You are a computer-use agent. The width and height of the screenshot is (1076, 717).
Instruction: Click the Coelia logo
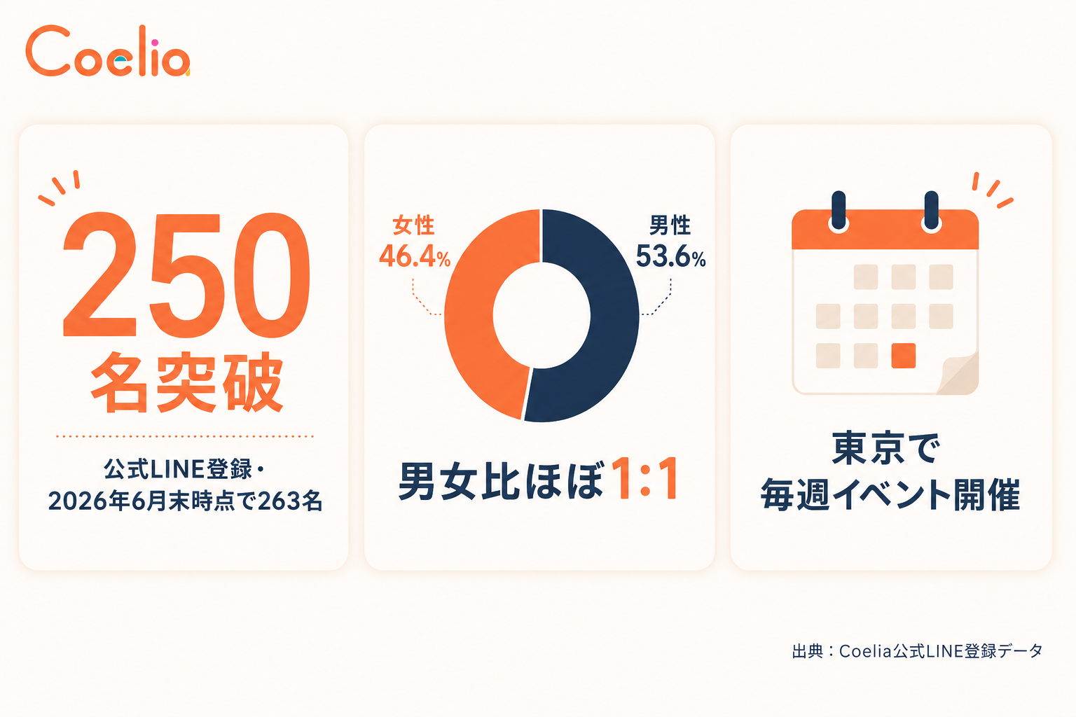pyautogui.click(x=108, y=50)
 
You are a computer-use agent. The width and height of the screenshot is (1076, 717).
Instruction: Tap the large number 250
pyautogui.click(x=186, y=274)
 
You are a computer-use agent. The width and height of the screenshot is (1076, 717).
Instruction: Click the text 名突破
pyautogui.click(x=186, y=382)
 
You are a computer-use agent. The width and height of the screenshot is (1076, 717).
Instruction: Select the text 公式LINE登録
pyautogui.click(x=178, y=469)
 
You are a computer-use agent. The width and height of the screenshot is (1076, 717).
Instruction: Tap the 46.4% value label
pyautogui.click(x=415, y=256)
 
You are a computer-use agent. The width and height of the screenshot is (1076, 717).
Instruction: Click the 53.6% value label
pyautogui.click(x=670, y=256)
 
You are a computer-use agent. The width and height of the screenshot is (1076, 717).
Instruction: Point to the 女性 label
pyautogui.click(x=413, y=225)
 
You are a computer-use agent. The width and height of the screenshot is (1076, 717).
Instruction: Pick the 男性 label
pyautogui.click(x=670, y=225)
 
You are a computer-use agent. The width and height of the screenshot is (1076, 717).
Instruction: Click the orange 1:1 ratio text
pyautogui.click(x=646, y=479)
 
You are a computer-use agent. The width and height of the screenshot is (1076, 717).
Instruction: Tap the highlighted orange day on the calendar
pyautogui.click(x=903, y=356)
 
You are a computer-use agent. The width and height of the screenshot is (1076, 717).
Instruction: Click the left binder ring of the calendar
pyautogui.click(x=839, y=211)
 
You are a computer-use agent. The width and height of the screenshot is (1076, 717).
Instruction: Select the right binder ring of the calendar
pyautogui.click(x=932, y=211)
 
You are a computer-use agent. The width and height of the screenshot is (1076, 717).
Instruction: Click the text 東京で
pyautogui.click(x=885, y=448)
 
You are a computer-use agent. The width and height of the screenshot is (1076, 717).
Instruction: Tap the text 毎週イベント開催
pyautogui.click(x=890, y=494)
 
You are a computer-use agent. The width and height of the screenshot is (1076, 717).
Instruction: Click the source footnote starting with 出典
pyautogui.click(x=918, y=651)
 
